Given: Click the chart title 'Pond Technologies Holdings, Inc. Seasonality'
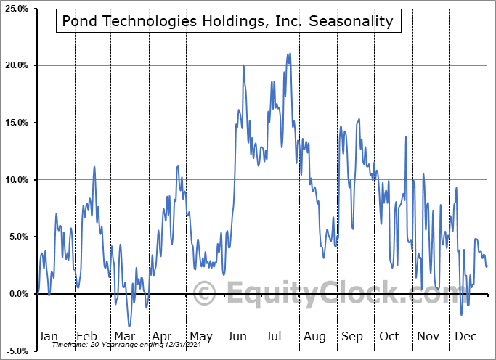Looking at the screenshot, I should coord(227,21).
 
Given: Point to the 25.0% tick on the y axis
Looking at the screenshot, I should coord(16,9).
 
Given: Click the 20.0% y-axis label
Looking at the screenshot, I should coord(16,66).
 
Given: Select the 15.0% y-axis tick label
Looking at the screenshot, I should coord(16,123).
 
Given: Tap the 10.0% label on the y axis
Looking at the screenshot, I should coord(16,180).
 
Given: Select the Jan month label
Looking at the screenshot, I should coord(47,336).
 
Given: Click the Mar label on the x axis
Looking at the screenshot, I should coord(123,336).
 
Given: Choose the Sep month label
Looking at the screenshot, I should coord(352,336).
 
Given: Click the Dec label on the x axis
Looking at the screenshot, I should coord(466,336).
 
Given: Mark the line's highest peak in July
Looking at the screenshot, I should coord(289,53).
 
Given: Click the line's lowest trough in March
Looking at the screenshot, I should coord(129,327).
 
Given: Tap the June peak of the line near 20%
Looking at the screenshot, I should coord(243,65).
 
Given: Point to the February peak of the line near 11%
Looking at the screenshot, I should coord(94,167).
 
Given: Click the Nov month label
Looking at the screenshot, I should coord(428,336).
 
